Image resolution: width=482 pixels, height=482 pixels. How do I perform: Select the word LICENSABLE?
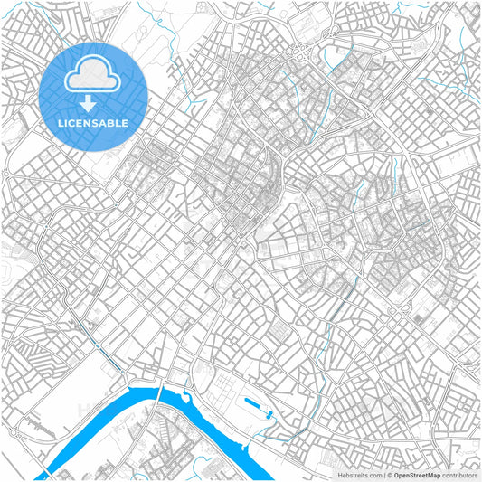[x=93, y=122]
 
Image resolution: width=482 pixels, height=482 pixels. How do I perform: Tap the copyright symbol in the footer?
[x=389, y=474]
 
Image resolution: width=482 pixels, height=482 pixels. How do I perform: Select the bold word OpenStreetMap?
[x=418, y=474]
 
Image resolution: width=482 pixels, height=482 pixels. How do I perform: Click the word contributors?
[x=459, y=474]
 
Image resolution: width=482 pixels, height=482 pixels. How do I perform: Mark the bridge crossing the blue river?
[x=161, y=391]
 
